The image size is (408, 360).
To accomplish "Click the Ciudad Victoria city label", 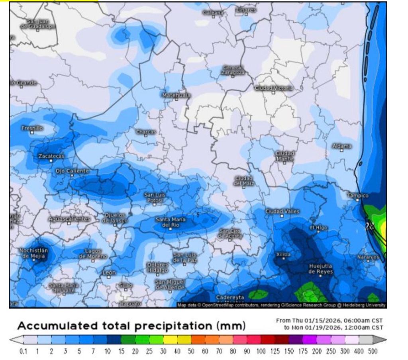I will [x=273, y=88].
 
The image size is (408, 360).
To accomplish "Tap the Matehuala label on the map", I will [x=176, y=95].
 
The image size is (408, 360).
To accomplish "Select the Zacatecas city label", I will [x=51, y=156].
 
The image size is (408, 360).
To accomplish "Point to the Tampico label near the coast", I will [x=358, y=196].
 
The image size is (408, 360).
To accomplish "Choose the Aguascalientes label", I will [x=69, y=219].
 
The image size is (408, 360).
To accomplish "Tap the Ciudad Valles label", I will [x=282, y=211].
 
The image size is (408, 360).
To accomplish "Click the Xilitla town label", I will [x=283, y=254].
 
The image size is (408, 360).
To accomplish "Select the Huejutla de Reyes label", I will [x=321, y=269].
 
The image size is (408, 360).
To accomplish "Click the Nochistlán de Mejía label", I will [x=34, y=253].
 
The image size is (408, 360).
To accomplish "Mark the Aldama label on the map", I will [x=342, y=146].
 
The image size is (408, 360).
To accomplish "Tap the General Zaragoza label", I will [x=233, y=70].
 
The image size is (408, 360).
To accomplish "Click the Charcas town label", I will [x=146, y=131].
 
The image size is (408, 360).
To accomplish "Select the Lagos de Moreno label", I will [x=93, y=254].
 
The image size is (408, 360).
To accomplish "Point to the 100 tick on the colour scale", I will [x=261, y=352].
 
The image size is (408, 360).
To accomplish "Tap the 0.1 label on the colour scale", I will [x=23, y=352].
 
